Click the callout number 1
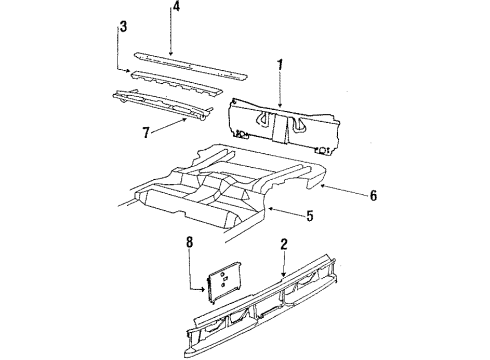pyautogui.click(x=280, y=66)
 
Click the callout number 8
pyautogui.click(x=190, y=241)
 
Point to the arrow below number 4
pyautogui.click(x=173, y=36)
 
